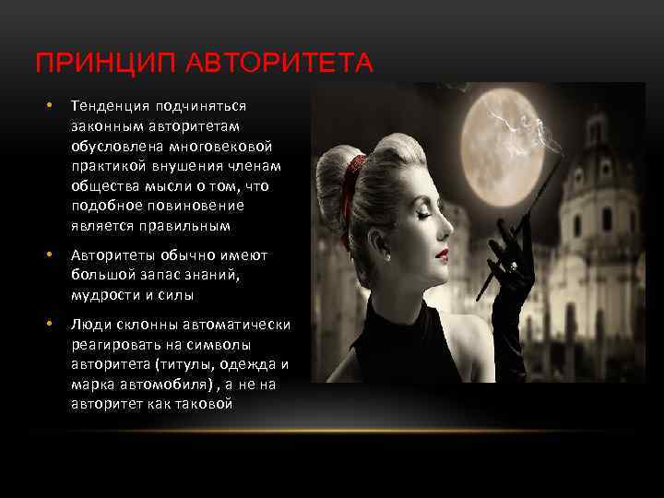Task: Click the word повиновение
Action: click(201, 206)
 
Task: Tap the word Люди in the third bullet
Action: click(89, 324)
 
